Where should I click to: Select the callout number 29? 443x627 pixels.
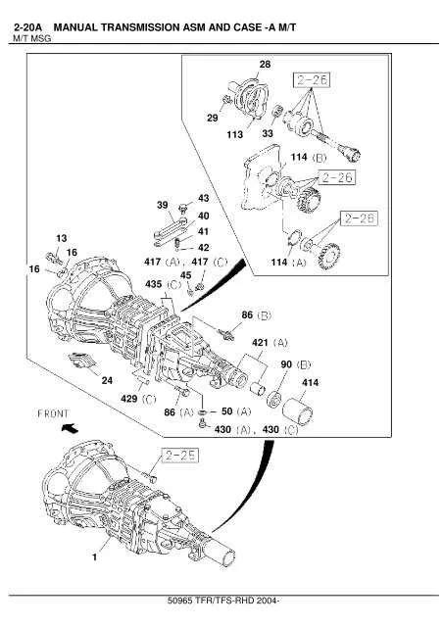coord(212,118)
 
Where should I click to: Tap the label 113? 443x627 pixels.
coord(236,134)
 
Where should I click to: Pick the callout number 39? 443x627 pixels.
coord(163,204)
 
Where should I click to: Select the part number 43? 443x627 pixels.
coord(203,198)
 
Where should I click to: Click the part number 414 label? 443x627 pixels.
coord(310,382)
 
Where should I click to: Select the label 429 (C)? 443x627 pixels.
coord(138,400)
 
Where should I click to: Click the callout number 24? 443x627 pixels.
coord(107,379)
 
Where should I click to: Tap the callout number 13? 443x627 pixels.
coord(61,238)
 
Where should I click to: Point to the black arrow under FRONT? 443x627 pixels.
coord(67,428)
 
